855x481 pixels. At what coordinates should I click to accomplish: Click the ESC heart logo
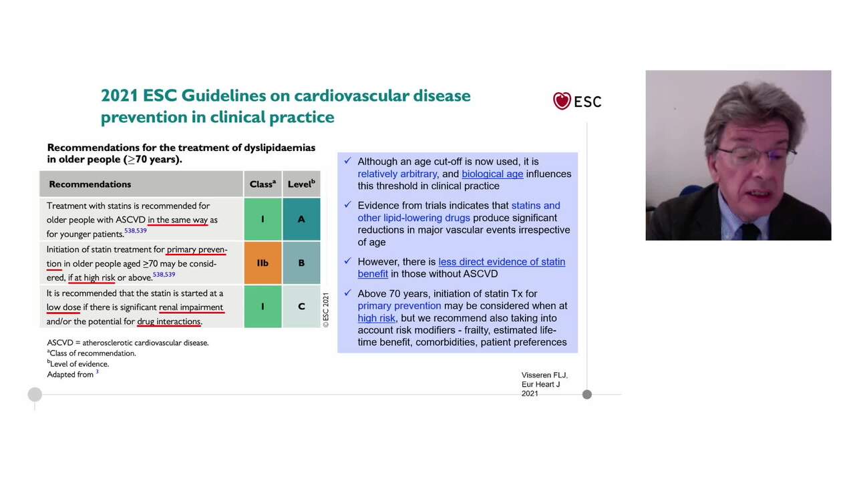tap(562, 101)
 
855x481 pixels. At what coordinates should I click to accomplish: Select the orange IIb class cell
tap(263, 263)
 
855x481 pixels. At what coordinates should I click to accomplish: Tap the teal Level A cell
tap(301, 219)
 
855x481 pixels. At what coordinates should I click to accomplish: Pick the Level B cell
tap(301, 263)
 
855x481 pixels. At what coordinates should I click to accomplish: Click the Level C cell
tap(301, 306)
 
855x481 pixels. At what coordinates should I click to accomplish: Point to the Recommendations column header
tap(90, 184)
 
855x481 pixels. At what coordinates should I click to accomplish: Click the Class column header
tap(263, 184)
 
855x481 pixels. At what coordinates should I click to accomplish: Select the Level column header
tap(301, 184)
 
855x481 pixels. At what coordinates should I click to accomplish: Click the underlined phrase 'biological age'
tap(492, 174)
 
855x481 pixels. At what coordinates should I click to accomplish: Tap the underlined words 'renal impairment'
tap(191, 307)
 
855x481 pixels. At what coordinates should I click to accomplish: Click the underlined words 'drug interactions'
tap(169, 321)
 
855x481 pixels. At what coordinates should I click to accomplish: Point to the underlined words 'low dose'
tap(63, 307)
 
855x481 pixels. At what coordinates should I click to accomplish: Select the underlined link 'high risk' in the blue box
tap(376, 318)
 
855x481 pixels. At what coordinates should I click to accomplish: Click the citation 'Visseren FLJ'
tap(544, 375)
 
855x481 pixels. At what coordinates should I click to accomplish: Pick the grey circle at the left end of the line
tap(35, 394)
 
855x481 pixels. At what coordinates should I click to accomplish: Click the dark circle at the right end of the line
tap(586, 394)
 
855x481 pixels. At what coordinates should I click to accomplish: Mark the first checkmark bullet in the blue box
tap(347, 161)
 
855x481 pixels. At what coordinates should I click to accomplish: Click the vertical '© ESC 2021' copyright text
tap(326, 309)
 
